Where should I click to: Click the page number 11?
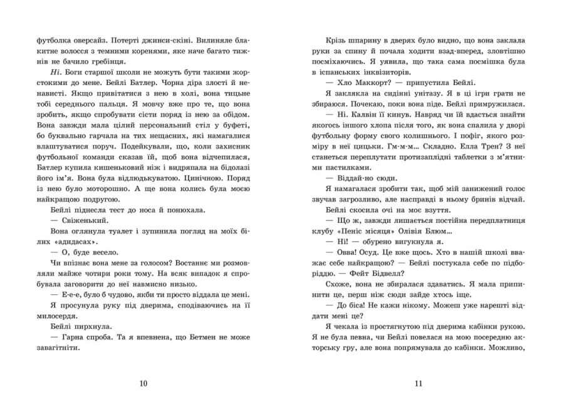[x=419, y=383]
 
